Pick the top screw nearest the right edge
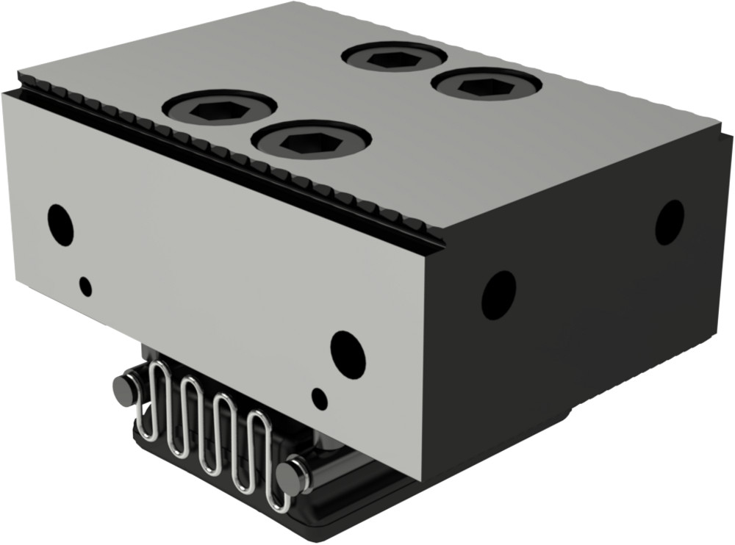tap(486, 84)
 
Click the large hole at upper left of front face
tap(60, 225)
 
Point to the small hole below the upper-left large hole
tap(87, 286)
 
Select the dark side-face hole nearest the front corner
tap(498, 295)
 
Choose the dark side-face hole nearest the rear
tap(670, 223)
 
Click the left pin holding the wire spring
tap(124, 388)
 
